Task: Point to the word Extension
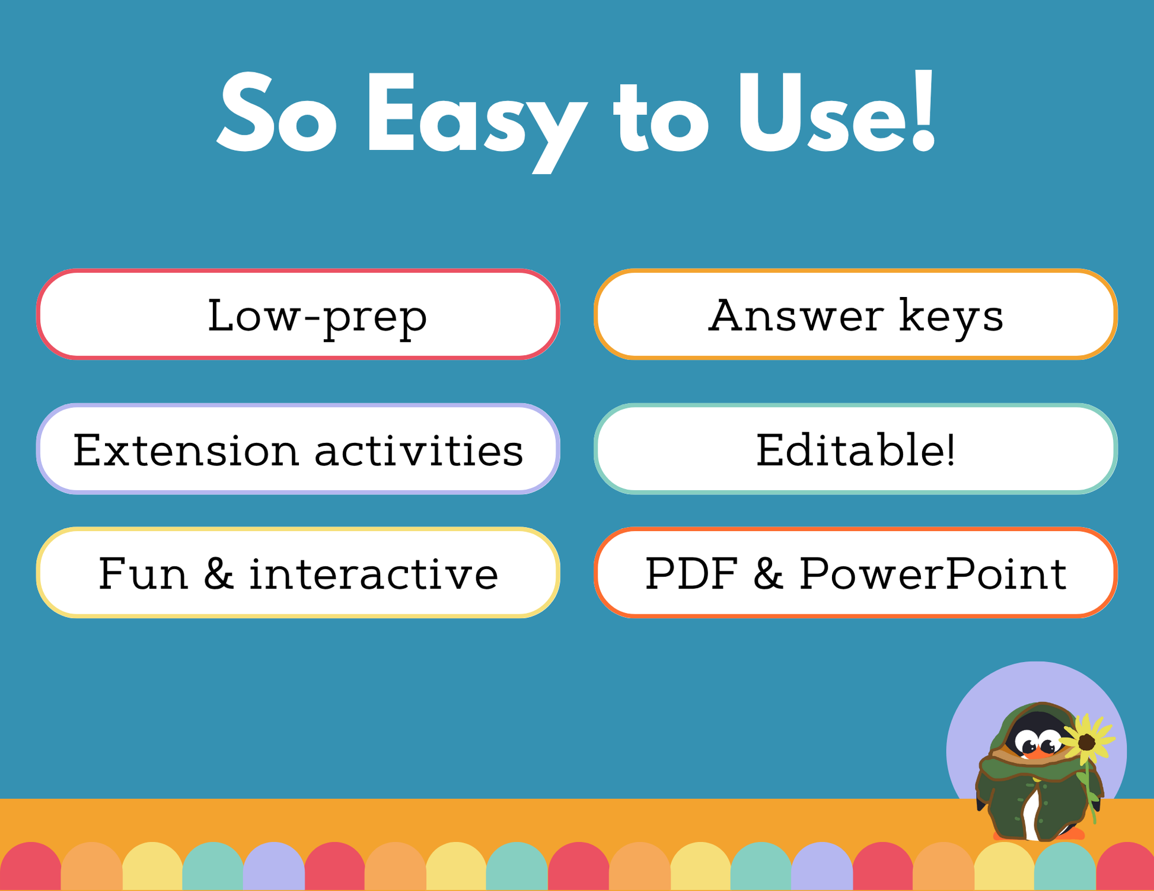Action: tap(186, 450)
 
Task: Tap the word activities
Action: tap(419, 450)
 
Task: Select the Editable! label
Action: tap(855, 450)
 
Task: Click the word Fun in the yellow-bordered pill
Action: tap(143, 573)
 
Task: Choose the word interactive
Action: tap(374, 573)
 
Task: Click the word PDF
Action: tap(691, 573)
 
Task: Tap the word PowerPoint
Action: tap(933, 573)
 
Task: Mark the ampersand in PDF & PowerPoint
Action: tap(769, 573)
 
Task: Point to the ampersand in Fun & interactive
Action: tap(218, 573)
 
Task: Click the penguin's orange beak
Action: tap(1039, 753)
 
